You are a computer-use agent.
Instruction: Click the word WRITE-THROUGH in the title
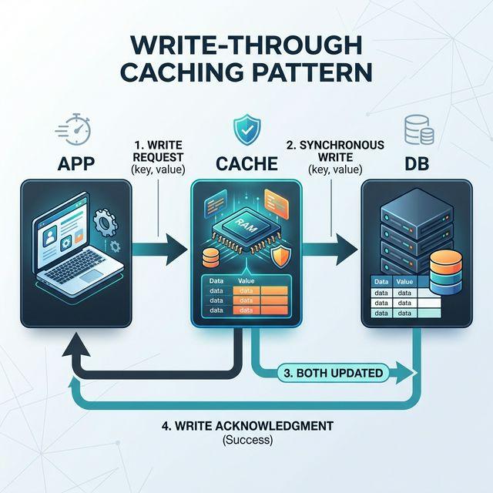(x=246, y=40)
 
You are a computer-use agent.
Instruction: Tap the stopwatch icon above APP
(x=78, y=128)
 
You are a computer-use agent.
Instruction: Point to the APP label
(x=76, y=163)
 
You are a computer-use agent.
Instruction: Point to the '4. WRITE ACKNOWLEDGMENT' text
(x=246, y=426)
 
